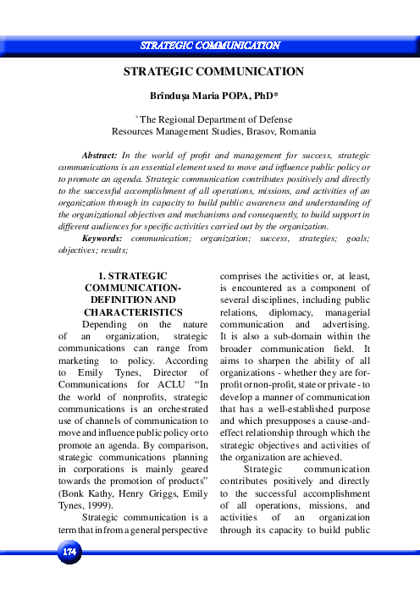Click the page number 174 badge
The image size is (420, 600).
coord(69,552)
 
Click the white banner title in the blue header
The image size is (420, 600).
coord(209,45)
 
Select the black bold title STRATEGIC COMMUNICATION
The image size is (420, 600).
coord(209,73)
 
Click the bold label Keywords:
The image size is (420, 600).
coord(105,239)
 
